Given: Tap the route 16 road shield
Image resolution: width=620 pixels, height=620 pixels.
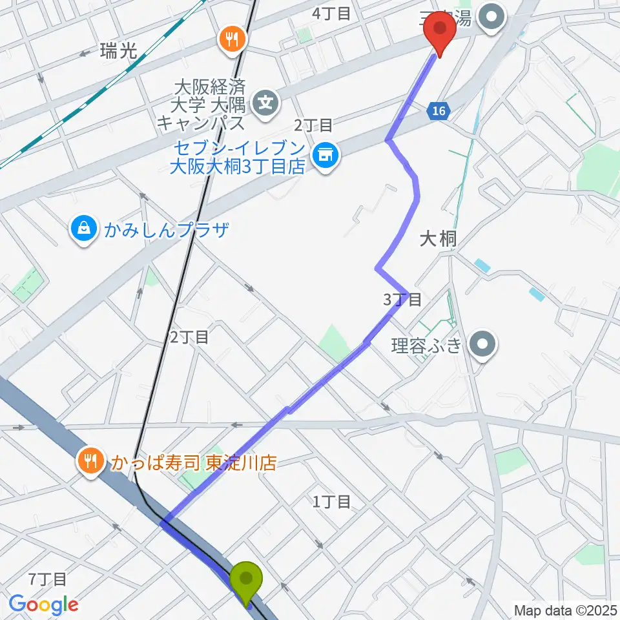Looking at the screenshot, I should click(439, 111).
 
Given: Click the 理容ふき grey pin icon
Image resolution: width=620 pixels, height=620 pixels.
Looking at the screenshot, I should click(482, 343).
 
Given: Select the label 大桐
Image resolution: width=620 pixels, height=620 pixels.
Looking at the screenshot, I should click(438, 240).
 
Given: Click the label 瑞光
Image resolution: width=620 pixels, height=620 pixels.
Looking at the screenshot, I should click(119, 52).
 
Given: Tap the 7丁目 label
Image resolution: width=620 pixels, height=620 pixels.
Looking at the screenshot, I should click(48, 579).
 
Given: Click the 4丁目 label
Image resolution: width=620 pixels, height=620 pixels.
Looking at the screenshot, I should click(331, 14).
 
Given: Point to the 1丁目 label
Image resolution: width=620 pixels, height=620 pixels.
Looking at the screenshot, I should click(331, 501).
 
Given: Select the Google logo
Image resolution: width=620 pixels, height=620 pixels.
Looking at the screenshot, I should click(44, 604).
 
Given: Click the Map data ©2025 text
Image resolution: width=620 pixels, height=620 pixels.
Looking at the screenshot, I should click(566, 609).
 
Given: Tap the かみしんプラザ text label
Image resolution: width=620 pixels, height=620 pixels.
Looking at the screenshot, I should click(167, 229).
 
